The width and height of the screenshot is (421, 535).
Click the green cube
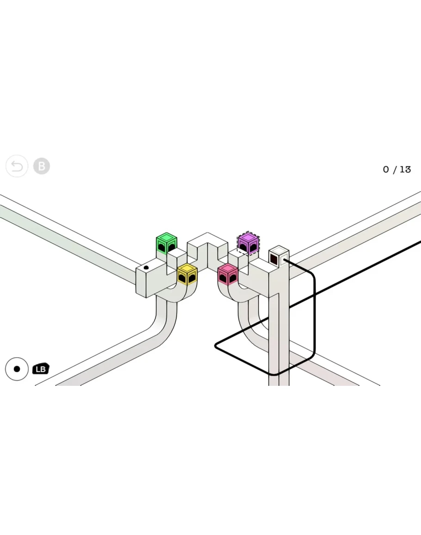click(167, 243)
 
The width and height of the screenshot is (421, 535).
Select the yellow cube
click(187, 274)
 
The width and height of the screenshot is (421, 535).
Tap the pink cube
click(228, 274)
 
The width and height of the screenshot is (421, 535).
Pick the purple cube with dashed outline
click(248, 243)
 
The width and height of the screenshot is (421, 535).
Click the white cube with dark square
click(279, 256)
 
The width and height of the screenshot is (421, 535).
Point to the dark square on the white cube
click(274, 258)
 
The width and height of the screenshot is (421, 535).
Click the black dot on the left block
click(146, 268)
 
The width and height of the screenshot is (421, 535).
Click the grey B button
click(42, 166)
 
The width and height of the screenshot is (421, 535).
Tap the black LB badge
click(41, 369)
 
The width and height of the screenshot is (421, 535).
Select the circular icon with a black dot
click(17, 369)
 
